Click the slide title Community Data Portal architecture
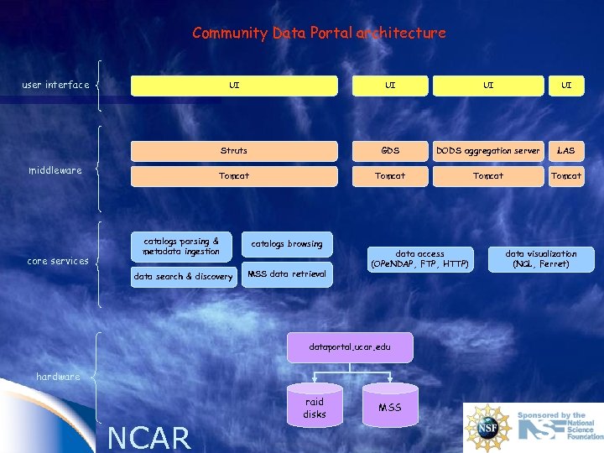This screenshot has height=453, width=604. coord(319,34)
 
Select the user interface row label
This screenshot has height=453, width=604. coord(55,85)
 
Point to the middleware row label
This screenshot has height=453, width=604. coord(55,170)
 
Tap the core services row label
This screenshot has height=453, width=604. coord(58,261)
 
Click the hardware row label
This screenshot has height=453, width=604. coord(58,377)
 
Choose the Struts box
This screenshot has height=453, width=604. coord(234,151)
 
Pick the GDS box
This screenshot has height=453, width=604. coord(390,151)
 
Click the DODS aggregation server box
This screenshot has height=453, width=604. coord(487,151)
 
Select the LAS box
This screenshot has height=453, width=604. coord(566,151)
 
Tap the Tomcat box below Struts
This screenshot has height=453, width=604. coord(234,176)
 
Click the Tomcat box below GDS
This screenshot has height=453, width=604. coord(390,176)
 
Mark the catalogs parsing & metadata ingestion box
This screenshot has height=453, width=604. coord(181,247)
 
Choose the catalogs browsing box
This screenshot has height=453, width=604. coord(287,244)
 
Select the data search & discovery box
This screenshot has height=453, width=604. coord(184,277)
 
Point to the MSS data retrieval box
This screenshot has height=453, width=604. coord(287,274)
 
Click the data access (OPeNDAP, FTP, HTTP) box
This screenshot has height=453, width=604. coord(419,259)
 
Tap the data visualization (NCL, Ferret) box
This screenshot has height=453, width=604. coord(541,259)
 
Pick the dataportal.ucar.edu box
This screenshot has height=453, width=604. coord(350,347)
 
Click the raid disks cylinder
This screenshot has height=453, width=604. coord(315,408)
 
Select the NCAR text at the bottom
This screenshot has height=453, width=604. coord(150,437)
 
